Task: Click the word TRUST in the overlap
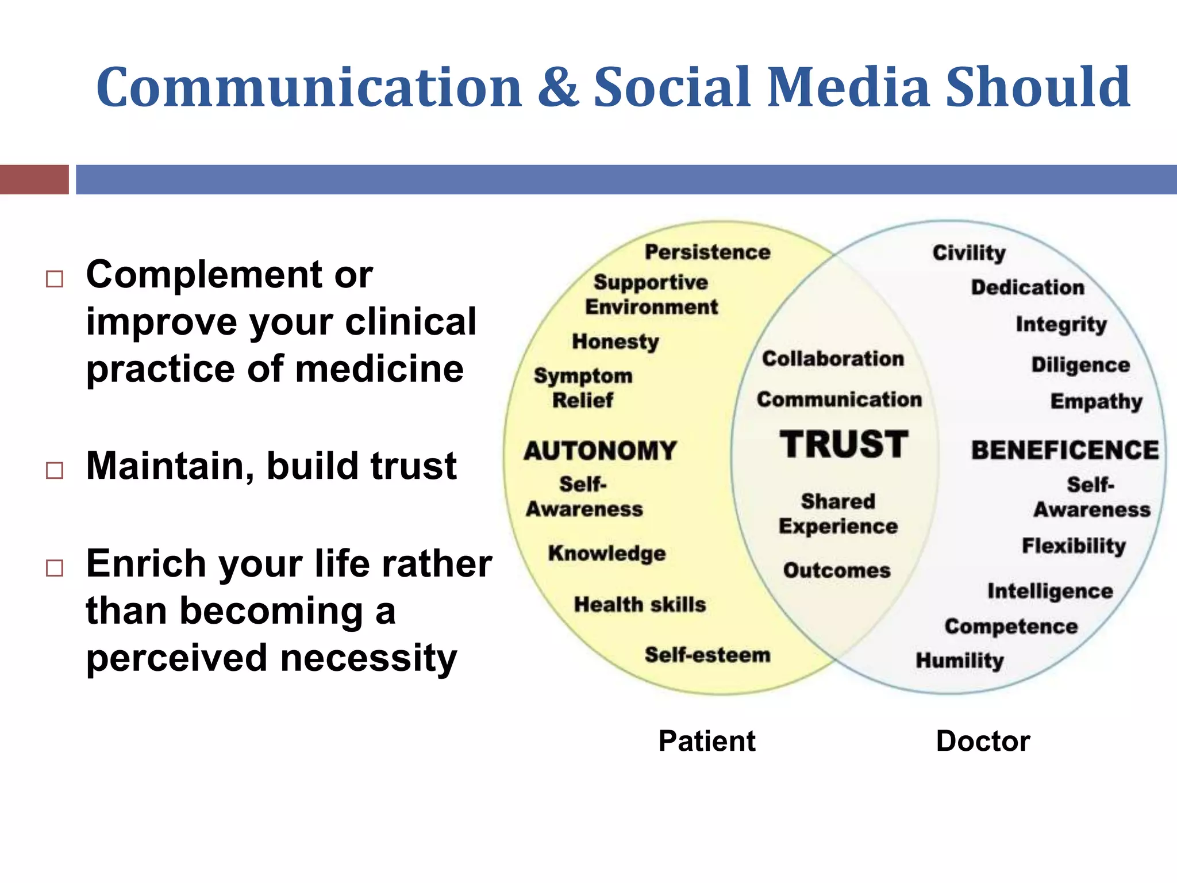coord(844,444)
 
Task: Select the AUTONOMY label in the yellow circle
coord(600,451)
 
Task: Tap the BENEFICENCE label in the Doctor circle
coord(1064,450)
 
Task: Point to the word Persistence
coord(707,252)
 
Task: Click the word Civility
coord(969,252)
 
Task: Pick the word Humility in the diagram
coord(959,661)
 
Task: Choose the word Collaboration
coord(833,359)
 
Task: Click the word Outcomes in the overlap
coord(837,570)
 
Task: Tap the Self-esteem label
coord(707,655)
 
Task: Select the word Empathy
coord(1096,401)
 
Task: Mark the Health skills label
coord(640,604)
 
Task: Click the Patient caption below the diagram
coord(706,740)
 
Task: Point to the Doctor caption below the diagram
coord(983,740)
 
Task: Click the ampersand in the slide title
coord(557,87)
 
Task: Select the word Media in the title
coord(848,87)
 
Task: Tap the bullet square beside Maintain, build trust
coord(55,470)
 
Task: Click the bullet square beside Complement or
coord(55,279)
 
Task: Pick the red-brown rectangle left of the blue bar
coord(34,179)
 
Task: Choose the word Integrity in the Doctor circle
coord(1061,324)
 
